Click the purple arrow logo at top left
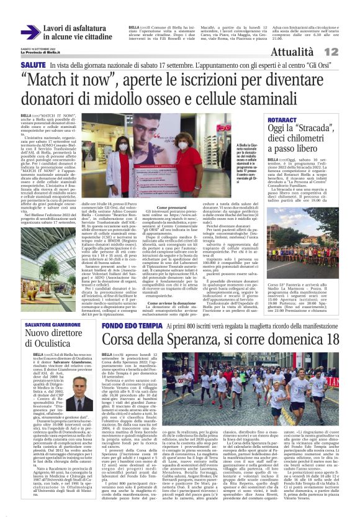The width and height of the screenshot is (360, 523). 30,32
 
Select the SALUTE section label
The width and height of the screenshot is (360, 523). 32,65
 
